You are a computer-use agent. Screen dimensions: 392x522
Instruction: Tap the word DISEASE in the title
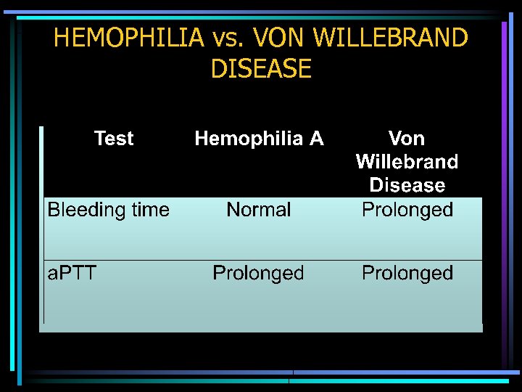point(261,69)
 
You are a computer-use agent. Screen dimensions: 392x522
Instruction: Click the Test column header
point(114,139)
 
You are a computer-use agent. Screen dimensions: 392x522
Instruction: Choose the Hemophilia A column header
point(259,139)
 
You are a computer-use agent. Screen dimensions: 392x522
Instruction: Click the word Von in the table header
point(407,138)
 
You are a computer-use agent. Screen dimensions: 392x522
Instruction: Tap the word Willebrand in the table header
point(407,161)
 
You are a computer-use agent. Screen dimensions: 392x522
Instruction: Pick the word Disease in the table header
point(407,185)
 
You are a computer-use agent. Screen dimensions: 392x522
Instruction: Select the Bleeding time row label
point(108,211)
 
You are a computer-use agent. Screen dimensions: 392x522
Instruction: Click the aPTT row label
point(72,273)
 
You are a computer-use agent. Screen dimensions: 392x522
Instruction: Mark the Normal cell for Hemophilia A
point(259,211)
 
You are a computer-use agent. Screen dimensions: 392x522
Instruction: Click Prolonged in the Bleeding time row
point(407,211)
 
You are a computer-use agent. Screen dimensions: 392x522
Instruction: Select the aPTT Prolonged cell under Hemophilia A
point(258,274)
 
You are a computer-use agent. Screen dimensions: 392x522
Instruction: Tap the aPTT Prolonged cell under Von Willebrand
point(407,274)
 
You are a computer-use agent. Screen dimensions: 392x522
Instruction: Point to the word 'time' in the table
point(150,211)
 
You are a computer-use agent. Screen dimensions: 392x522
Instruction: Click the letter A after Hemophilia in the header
point(316,139)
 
